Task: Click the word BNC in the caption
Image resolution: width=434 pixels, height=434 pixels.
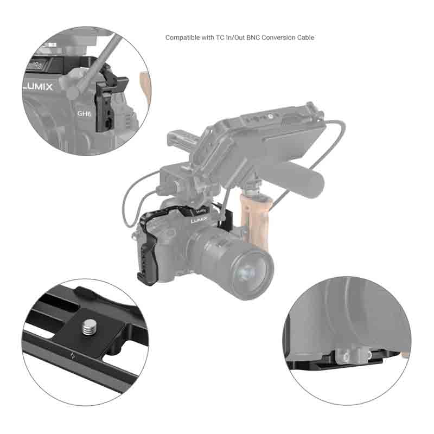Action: (x=253, y=37)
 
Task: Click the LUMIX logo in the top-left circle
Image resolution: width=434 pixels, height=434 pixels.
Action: (x=37, y=87)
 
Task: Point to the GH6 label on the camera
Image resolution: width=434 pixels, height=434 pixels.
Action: (x=84, y=113)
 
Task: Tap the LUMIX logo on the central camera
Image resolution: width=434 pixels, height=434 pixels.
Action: (x=199, y=220)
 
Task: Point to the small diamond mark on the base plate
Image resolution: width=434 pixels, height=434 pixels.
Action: (x=73, y=356)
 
